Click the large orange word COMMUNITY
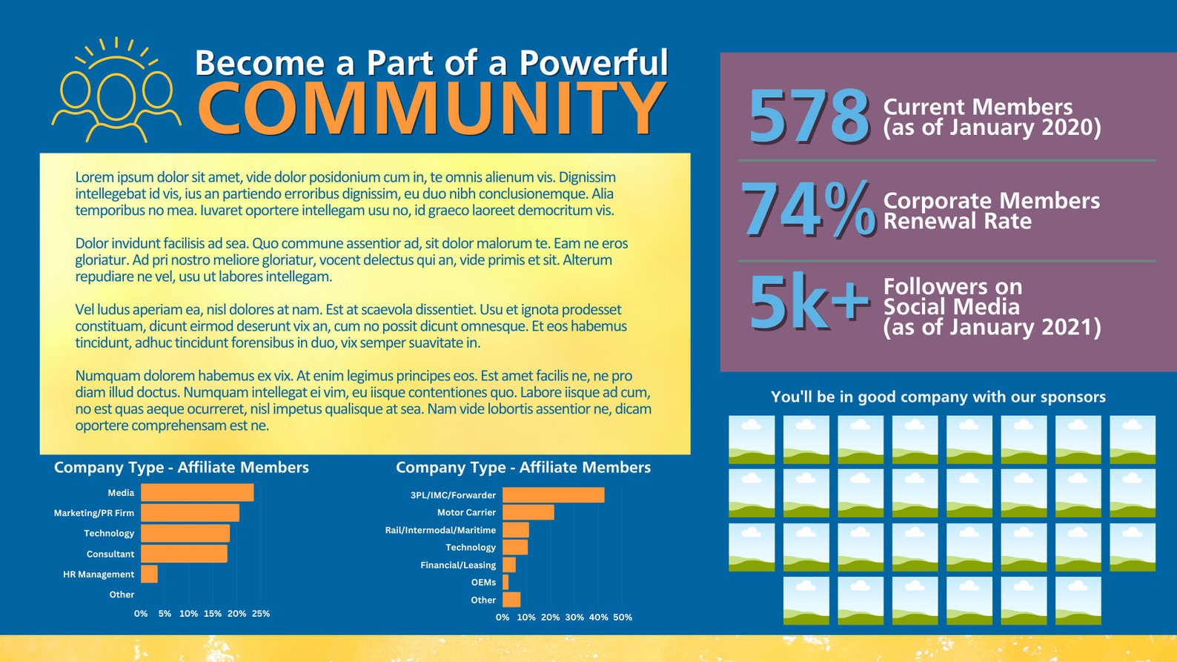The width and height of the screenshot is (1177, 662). coord(431,108)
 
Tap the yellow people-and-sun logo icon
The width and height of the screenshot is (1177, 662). coord(116,91)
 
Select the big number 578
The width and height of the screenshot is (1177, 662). coord(809,116)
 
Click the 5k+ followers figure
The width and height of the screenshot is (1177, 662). coord(809,303)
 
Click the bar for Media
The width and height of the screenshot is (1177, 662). coord(197,492)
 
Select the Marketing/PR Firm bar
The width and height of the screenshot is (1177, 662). coord(190,513)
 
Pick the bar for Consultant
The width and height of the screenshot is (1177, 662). coord(184,554)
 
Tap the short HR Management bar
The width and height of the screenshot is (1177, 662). coord(149,574)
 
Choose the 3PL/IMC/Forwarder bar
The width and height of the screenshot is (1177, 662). coord(553,495)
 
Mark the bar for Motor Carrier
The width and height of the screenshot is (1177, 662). coord(528,512)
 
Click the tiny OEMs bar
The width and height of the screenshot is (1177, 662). coord(505,583)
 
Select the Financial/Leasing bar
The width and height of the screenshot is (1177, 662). coord(508,565)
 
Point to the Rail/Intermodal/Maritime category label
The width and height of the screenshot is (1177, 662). coord(440,530)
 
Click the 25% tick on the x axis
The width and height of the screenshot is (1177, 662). coord(261,614)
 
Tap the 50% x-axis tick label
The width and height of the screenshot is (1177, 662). coord(623,617)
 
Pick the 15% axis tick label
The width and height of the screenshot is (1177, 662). coord(213,614)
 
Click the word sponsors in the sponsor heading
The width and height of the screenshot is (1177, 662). coord(1072,397)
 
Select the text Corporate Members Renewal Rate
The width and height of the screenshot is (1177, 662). coord(991,211)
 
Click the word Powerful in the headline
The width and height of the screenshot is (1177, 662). coord(593,63)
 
